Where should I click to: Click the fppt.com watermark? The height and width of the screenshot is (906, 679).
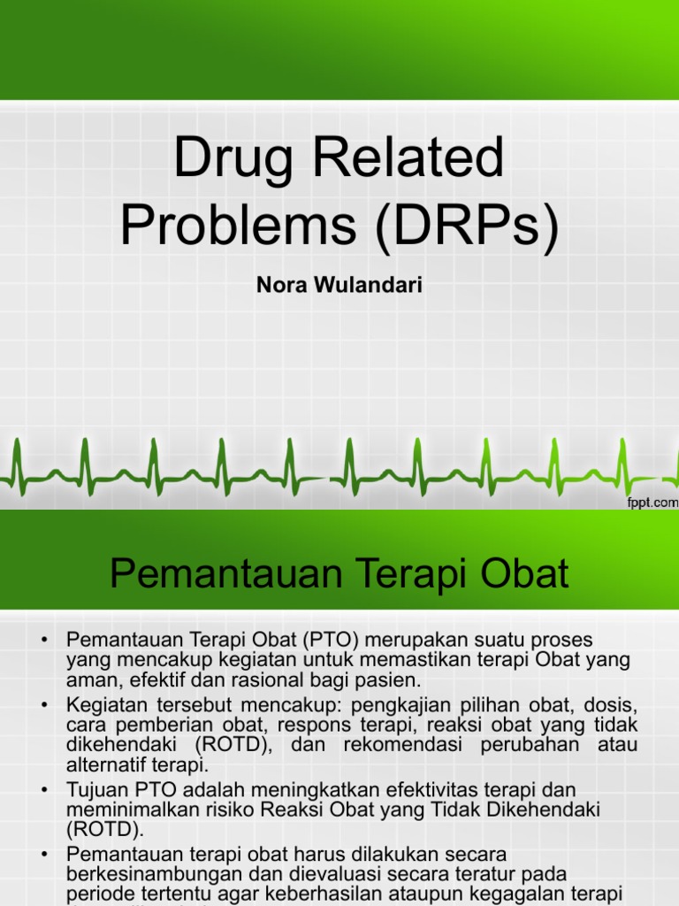point(651,502)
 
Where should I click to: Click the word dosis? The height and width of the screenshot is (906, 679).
point(613,704)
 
